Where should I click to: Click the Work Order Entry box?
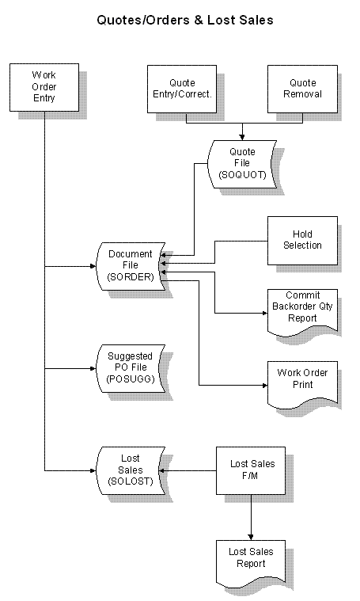(44, 87)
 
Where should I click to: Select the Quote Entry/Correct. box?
(182, 89)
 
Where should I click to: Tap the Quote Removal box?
(302, 89)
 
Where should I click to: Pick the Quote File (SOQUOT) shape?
(242, 164)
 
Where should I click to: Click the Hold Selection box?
(302, 241)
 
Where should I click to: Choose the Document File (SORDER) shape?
(131, 266)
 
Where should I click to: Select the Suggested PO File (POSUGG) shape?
(131, 368)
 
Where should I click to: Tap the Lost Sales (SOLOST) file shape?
(131, 470)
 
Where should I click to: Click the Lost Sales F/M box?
(251, 470)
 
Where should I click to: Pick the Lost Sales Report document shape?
(251, 564)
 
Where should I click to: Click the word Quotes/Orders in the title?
(144, 20)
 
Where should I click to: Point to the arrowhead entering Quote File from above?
(242, 137)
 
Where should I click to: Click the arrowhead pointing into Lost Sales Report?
(251, 538)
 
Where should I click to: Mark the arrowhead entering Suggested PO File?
(93, 368)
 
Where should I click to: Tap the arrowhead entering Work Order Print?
(264, 385)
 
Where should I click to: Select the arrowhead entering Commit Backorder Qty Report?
(264, 313)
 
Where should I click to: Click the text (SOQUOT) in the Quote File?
(242, 175)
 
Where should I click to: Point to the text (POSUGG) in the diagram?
(131, 379)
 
